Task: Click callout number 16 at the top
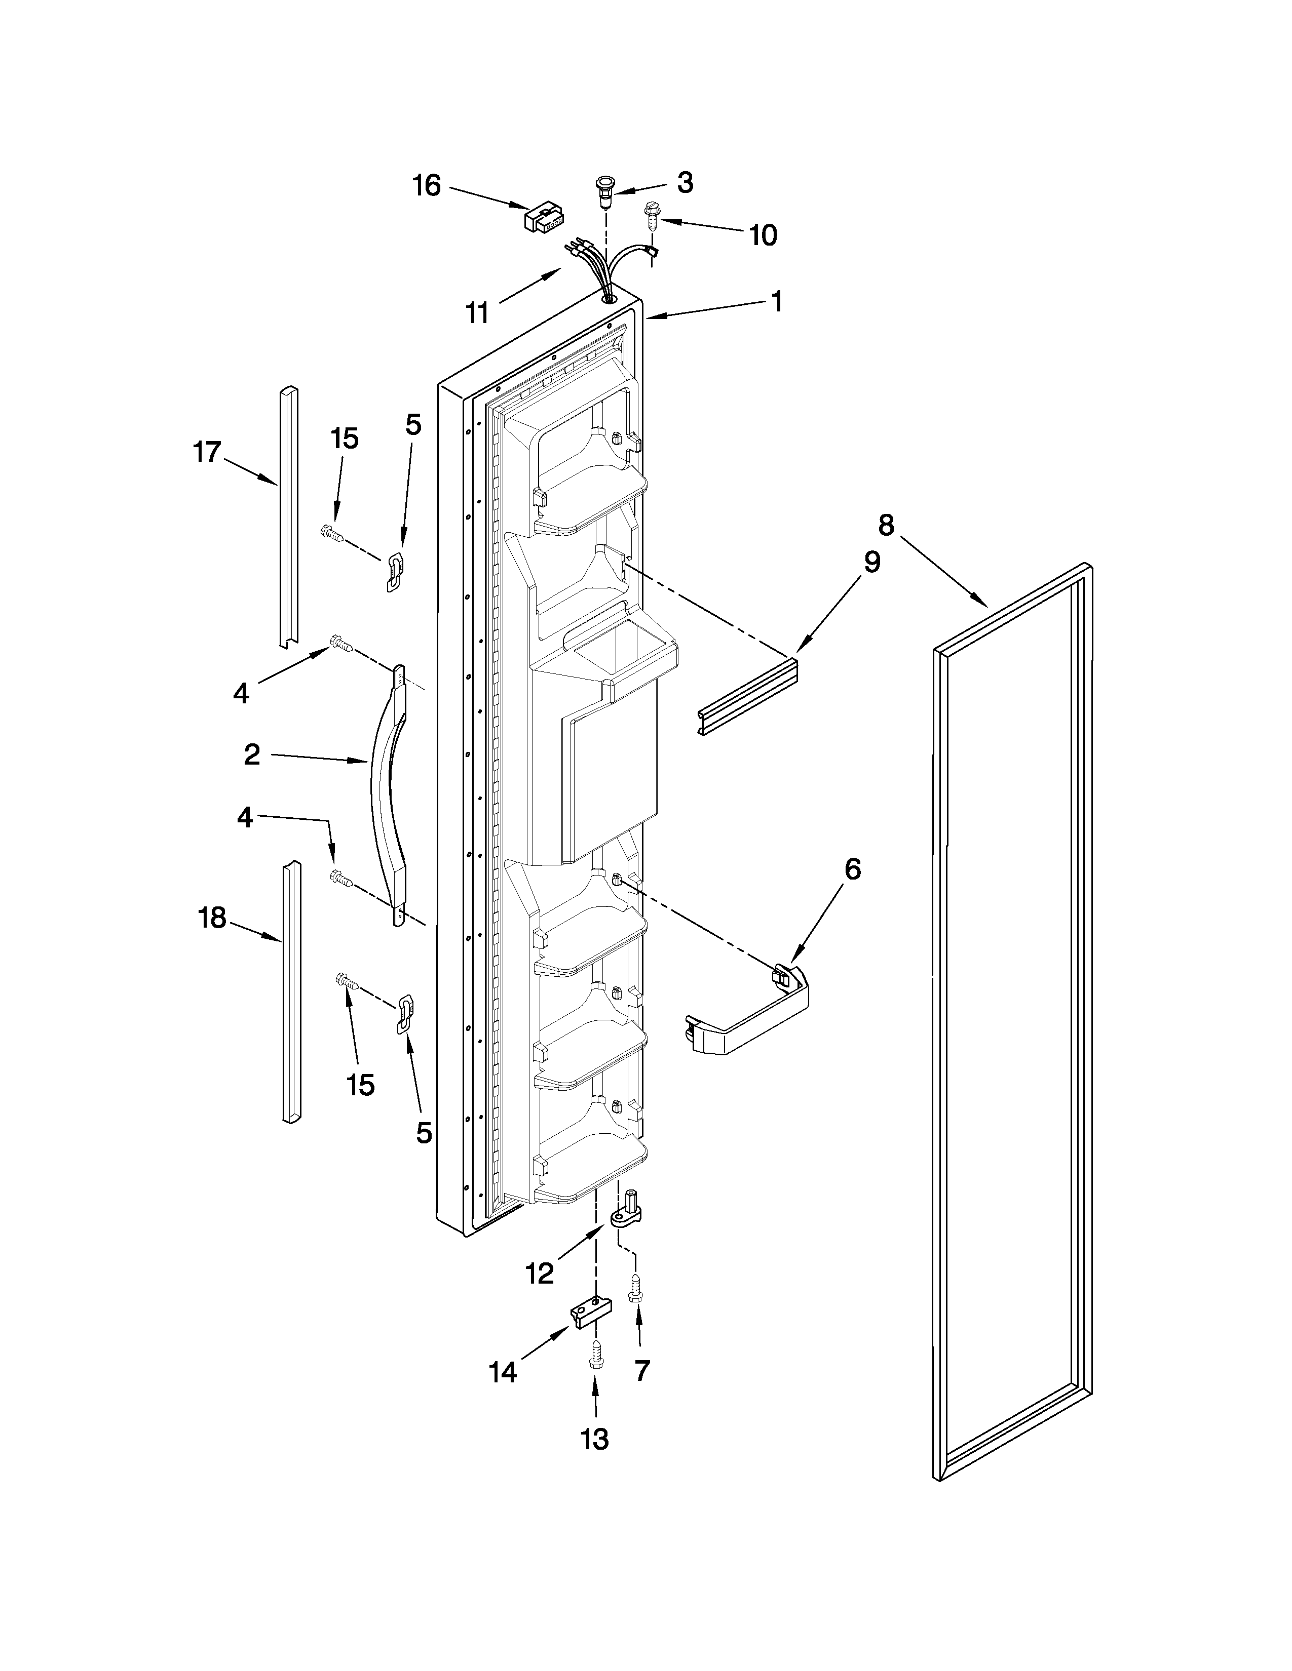pos(427,185)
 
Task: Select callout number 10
pos(763,235)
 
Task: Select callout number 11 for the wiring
pos(478,312)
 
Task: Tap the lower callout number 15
pos(361,1084)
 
